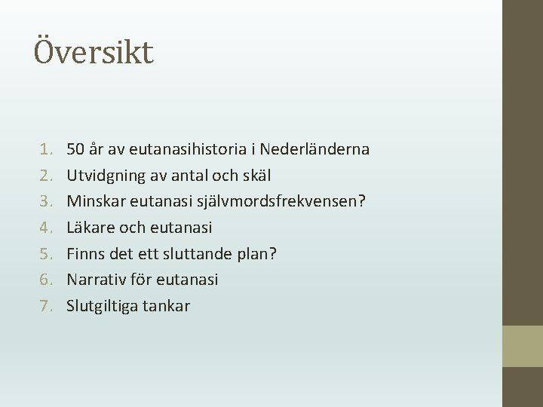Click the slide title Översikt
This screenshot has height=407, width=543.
pos(94,52)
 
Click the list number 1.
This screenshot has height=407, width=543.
pos(45,149)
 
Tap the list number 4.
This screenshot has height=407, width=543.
pos(45,228)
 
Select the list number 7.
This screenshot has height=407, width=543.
pos(45,306)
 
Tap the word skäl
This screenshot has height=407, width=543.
pos(256,176)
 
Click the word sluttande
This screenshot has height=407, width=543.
pos(194,254)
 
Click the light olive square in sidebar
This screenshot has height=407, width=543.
pos(523,346)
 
